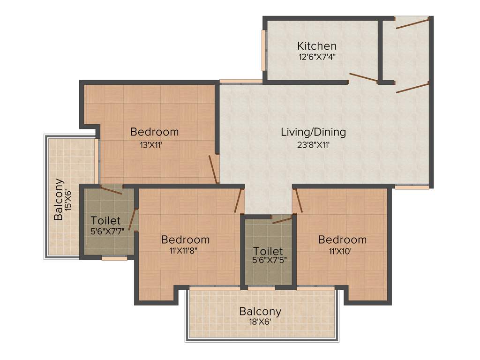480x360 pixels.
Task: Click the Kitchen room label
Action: (x=317, y=46)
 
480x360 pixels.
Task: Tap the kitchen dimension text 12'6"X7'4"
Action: (x=317, y=57)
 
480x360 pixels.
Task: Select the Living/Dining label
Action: (x=313, y=132)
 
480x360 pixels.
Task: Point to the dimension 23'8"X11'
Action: (x=313, y=144)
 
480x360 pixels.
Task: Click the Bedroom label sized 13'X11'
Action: (x=154, y=132)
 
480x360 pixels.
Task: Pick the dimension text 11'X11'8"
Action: (x=185, y=250)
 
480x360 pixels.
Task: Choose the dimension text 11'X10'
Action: (x=342, y=250)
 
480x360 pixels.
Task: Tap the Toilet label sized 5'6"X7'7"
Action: (x=105, y=220)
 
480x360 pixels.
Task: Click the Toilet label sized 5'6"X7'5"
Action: (x=268, y=251)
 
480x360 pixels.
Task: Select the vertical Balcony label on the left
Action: (x=59, y=199)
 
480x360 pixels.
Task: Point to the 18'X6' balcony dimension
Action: (x=260, y=322)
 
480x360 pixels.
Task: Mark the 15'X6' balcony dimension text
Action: (x=69, y=199)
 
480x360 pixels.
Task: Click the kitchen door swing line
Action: (x=363, y=77)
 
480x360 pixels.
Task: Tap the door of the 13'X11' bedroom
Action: (x=213, y=169)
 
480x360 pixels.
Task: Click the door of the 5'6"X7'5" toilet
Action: (x=282, y=219)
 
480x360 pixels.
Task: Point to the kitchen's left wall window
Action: (x=264, y=51)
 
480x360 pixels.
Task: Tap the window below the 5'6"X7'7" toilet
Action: (x=114, y=258)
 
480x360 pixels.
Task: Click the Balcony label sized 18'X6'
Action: (x=260, y=311)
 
